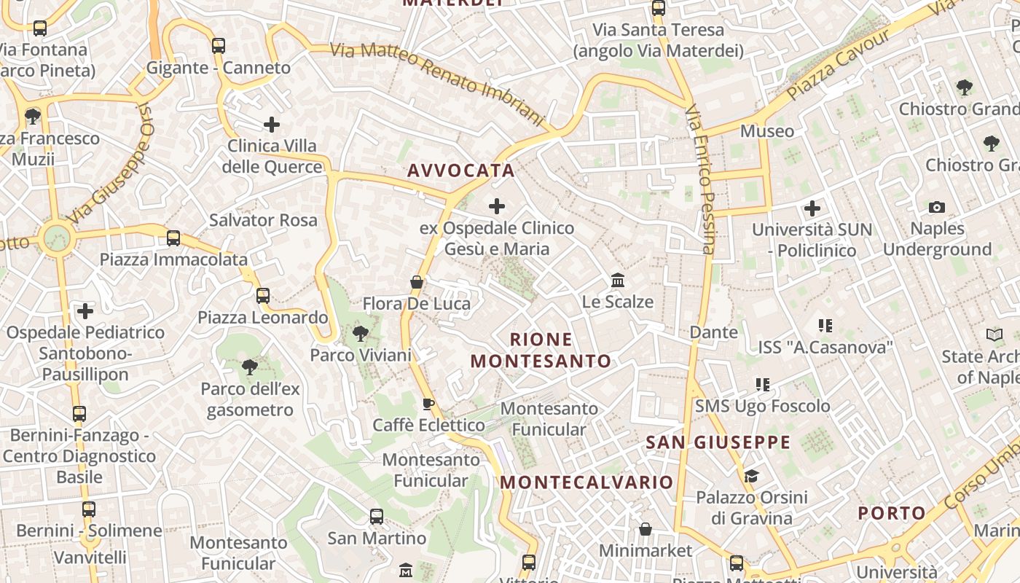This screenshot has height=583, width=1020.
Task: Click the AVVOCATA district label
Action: (460, 171)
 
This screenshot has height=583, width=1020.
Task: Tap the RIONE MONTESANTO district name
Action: (541, 351)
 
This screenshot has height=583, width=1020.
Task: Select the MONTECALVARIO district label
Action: (586, 482)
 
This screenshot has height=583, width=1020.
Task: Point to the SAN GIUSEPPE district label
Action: (718, 442)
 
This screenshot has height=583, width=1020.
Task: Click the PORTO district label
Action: (891, 513)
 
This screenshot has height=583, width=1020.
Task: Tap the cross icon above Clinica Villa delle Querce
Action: (272, 125)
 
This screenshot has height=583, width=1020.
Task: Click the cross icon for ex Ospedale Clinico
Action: (497, 206)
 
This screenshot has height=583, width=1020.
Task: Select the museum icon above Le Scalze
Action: (618, 280)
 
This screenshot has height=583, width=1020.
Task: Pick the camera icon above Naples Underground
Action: (937, 208)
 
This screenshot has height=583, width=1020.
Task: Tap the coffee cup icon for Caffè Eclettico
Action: (428, 404)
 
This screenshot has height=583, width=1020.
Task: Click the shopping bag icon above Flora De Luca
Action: (417, 282)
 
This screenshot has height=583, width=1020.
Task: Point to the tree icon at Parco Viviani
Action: (360, 334)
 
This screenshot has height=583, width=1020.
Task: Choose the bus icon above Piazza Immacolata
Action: (173, 238)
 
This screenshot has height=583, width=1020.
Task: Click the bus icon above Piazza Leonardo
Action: (263, 296)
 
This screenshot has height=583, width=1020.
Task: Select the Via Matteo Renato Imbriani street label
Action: (437, 82)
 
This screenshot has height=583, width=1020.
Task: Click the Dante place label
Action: (713, 332)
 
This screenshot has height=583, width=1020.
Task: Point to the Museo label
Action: (766, 131)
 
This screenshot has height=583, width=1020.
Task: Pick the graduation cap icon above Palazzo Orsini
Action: (751, 476)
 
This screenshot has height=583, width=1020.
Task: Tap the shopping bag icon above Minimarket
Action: (646, 529)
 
